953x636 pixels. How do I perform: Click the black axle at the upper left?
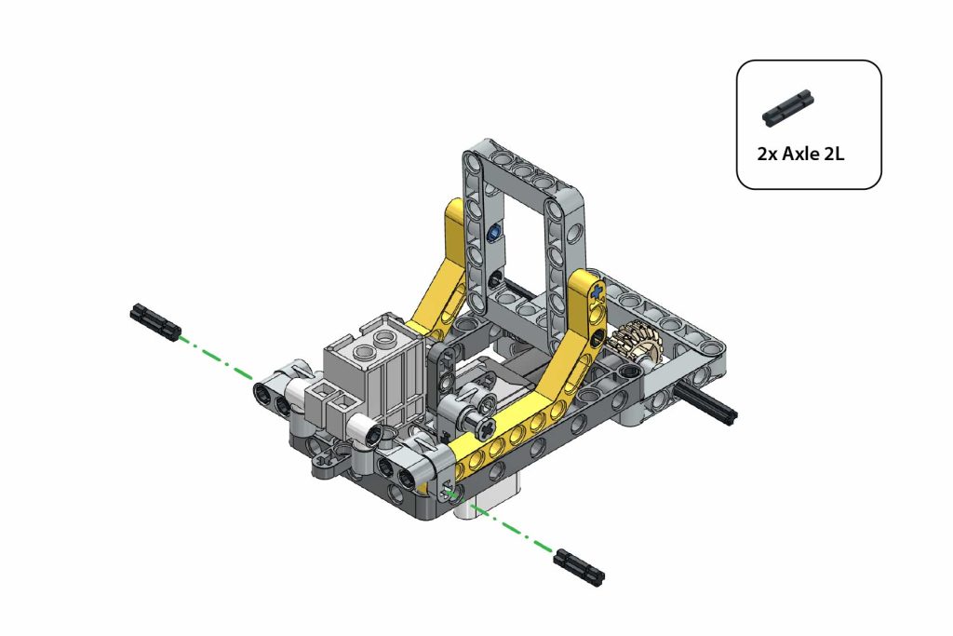click(x=155, y=321)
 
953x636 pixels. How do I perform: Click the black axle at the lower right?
click(x=579, y=567)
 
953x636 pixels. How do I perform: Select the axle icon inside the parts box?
click(x=787, y=108)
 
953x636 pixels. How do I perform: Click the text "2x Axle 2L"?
click(x=800, y=154)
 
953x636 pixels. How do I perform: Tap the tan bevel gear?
click(x=636, y=343)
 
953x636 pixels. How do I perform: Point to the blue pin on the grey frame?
click(x=494, y=231)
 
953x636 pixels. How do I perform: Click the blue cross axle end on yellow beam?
click(x=598, y=291)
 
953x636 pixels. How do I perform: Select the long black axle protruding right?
click(x=709, y=402)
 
